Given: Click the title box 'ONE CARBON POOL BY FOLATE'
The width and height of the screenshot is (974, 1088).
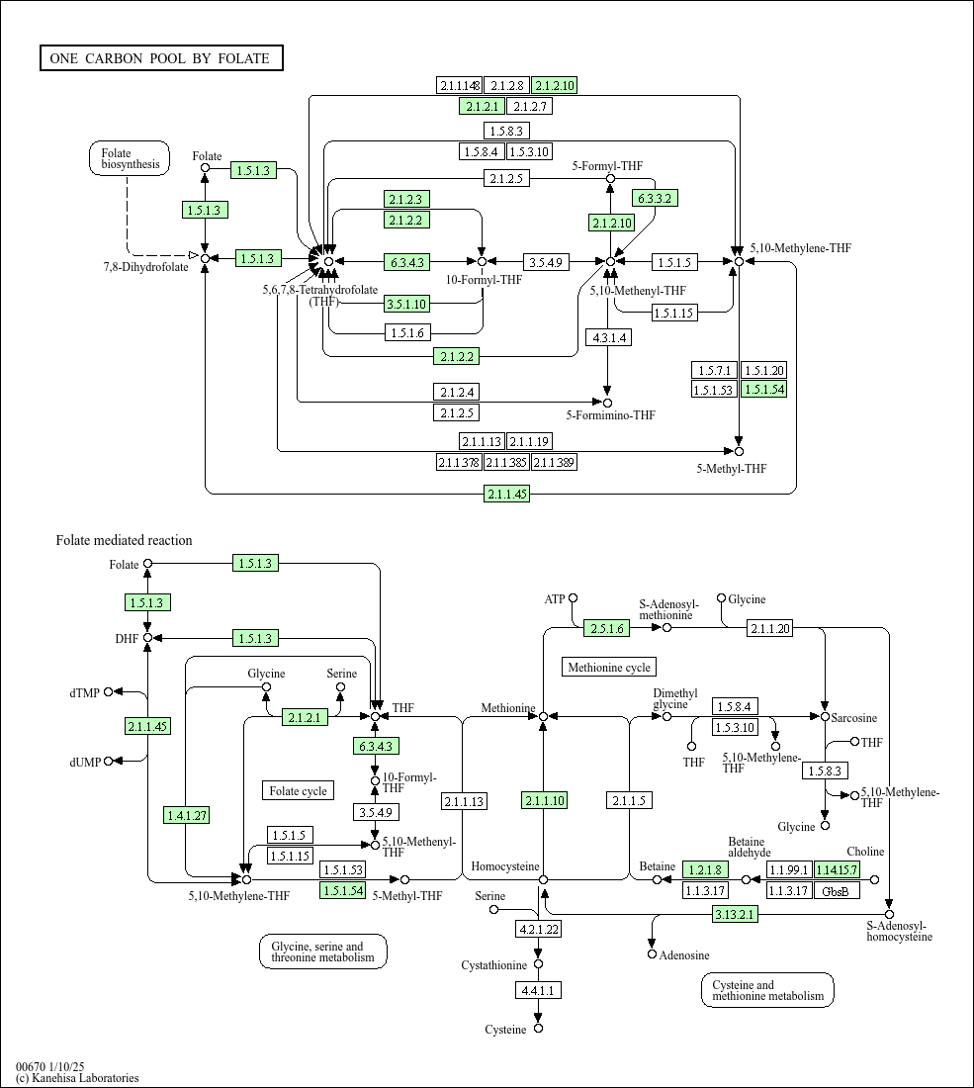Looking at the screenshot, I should (160, 58).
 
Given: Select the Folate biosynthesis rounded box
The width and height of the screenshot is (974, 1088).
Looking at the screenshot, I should (130, 158).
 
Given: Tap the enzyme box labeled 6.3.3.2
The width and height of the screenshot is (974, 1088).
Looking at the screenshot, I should (656, 198).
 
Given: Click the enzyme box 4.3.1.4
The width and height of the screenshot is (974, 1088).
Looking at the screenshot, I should (608, 337).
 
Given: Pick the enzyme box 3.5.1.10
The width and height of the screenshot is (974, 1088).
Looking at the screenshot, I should (407, 304).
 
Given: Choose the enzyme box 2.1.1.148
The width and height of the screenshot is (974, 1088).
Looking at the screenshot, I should (460, 85).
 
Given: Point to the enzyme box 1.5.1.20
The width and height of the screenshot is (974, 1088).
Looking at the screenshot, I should (764, 370).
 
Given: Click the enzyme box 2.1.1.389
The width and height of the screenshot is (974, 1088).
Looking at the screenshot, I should (555, 462).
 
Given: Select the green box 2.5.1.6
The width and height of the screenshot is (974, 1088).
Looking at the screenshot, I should (606, 628).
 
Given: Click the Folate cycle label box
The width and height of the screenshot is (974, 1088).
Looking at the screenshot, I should (298, 790).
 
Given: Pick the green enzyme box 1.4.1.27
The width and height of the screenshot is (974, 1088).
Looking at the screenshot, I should (187, 815).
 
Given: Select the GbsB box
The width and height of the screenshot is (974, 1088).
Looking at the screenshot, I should (837, 890).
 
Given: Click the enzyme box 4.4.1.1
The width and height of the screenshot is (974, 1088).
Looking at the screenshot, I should (538, 989).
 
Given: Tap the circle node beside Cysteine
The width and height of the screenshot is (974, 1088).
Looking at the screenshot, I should (538, 1029).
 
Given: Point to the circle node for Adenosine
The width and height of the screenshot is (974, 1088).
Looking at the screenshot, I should (652, 954).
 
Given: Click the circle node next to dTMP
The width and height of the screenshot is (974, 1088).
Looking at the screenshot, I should (109, 692).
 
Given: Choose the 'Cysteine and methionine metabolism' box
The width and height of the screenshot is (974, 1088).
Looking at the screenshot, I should (767, 990).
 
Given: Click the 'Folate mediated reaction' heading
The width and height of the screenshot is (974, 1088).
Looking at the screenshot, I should (124, 540).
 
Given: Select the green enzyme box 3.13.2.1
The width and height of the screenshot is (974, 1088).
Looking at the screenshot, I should (735, 915).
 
